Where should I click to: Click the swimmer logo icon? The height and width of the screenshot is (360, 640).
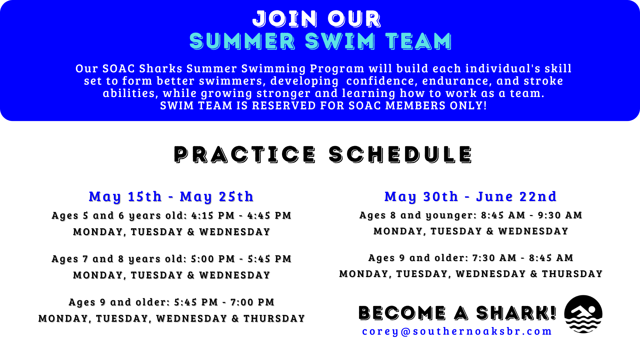[x=583, y=314]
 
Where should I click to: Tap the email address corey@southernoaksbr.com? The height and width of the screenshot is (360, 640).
[x=457, y=331]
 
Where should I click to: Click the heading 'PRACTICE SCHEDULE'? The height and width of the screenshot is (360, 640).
[x=323, y=154]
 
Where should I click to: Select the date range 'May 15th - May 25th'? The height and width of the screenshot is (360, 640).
[x=171, y=197]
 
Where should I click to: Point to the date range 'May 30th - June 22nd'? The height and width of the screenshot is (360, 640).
[x=470, y=197]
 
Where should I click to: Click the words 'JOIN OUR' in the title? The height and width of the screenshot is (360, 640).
[x=317, y=19]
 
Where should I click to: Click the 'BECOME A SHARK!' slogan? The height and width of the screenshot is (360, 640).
[x=457, y=313]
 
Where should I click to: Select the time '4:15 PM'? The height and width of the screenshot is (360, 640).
[x=213, y=215]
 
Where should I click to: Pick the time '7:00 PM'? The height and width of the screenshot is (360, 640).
[x=252, y=302]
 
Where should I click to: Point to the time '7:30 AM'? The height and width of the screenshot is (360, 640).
[x=494, y=258]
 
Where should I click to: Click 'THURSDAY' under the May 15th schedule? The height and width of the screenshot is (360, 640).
[x=274, y=319]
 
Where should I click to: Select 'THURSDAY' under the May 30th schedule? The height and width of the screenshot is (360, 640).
[x=572, y=274]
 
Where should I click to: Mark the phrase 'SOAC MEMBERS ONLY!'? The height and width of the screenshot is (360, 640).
[x=418, y=106]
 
